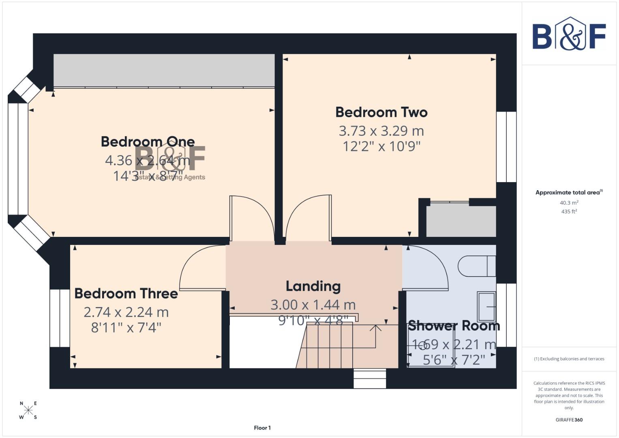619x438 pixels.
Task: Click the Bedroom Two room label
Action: [x=381, y=112]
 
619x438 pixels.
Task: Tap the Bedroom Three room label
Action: [x=126, y=293]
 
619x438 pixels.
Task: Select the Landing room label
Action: [x=313, y=286]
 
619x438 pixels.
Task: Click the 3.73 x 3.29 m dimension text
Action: [x=381, y=131]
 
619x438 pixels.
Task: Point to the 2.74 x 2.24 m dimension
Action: [x=126, y=312]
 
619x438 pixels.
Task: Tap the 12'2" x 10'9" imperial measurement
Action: [x=381, y=146]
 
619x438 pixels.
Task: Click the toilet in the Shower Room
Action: [x=476, y=266]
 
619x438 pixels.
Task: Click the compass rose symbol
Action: [x=28, y=410]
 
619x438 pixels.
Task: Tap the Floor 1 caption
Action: [x=262, y=428]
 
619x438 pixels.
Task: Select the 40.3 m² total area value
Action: [x=569, y=202]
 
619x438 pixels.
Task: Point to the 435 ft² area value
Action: [x=569, y=211]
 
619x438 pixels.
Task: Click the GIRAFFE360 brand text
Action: [x=569, y=420]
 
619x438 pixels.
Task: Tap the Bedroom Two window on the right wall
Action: [x=506, y=147]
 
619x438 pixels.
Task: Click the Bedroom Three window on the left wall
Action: [x=60, y=318]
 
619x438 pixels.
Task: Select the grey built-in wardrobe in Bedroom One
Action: [x=164, y=70]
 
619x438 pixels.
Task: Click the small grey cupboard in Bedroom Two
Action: [x=461, y=221]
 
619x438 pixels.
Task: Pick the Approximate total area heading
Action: [x=569, y=192]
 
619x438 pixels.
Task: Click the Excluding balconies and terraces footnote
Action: [x=569, y=359]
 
